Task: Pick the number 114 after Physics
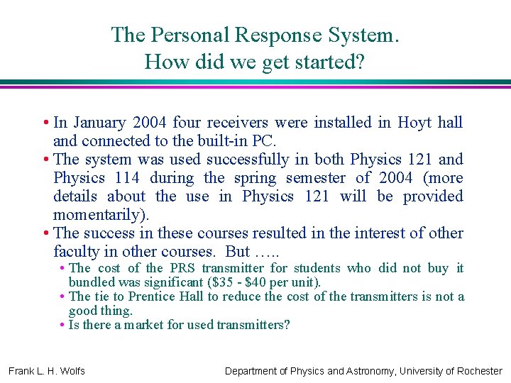[x=125, y=178]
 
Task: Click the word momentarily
[x=100, y=215]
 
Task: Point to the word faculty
[x=77, y=252]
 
